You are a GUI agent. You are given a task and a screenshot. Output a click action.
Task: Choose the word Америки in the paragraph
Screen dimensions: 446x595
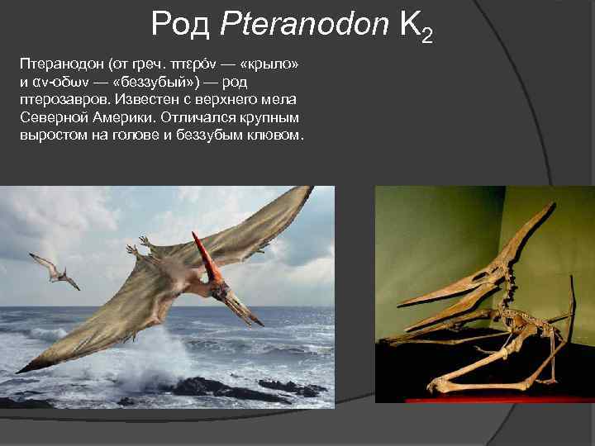pyautogui.click(x=131, y=117)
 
